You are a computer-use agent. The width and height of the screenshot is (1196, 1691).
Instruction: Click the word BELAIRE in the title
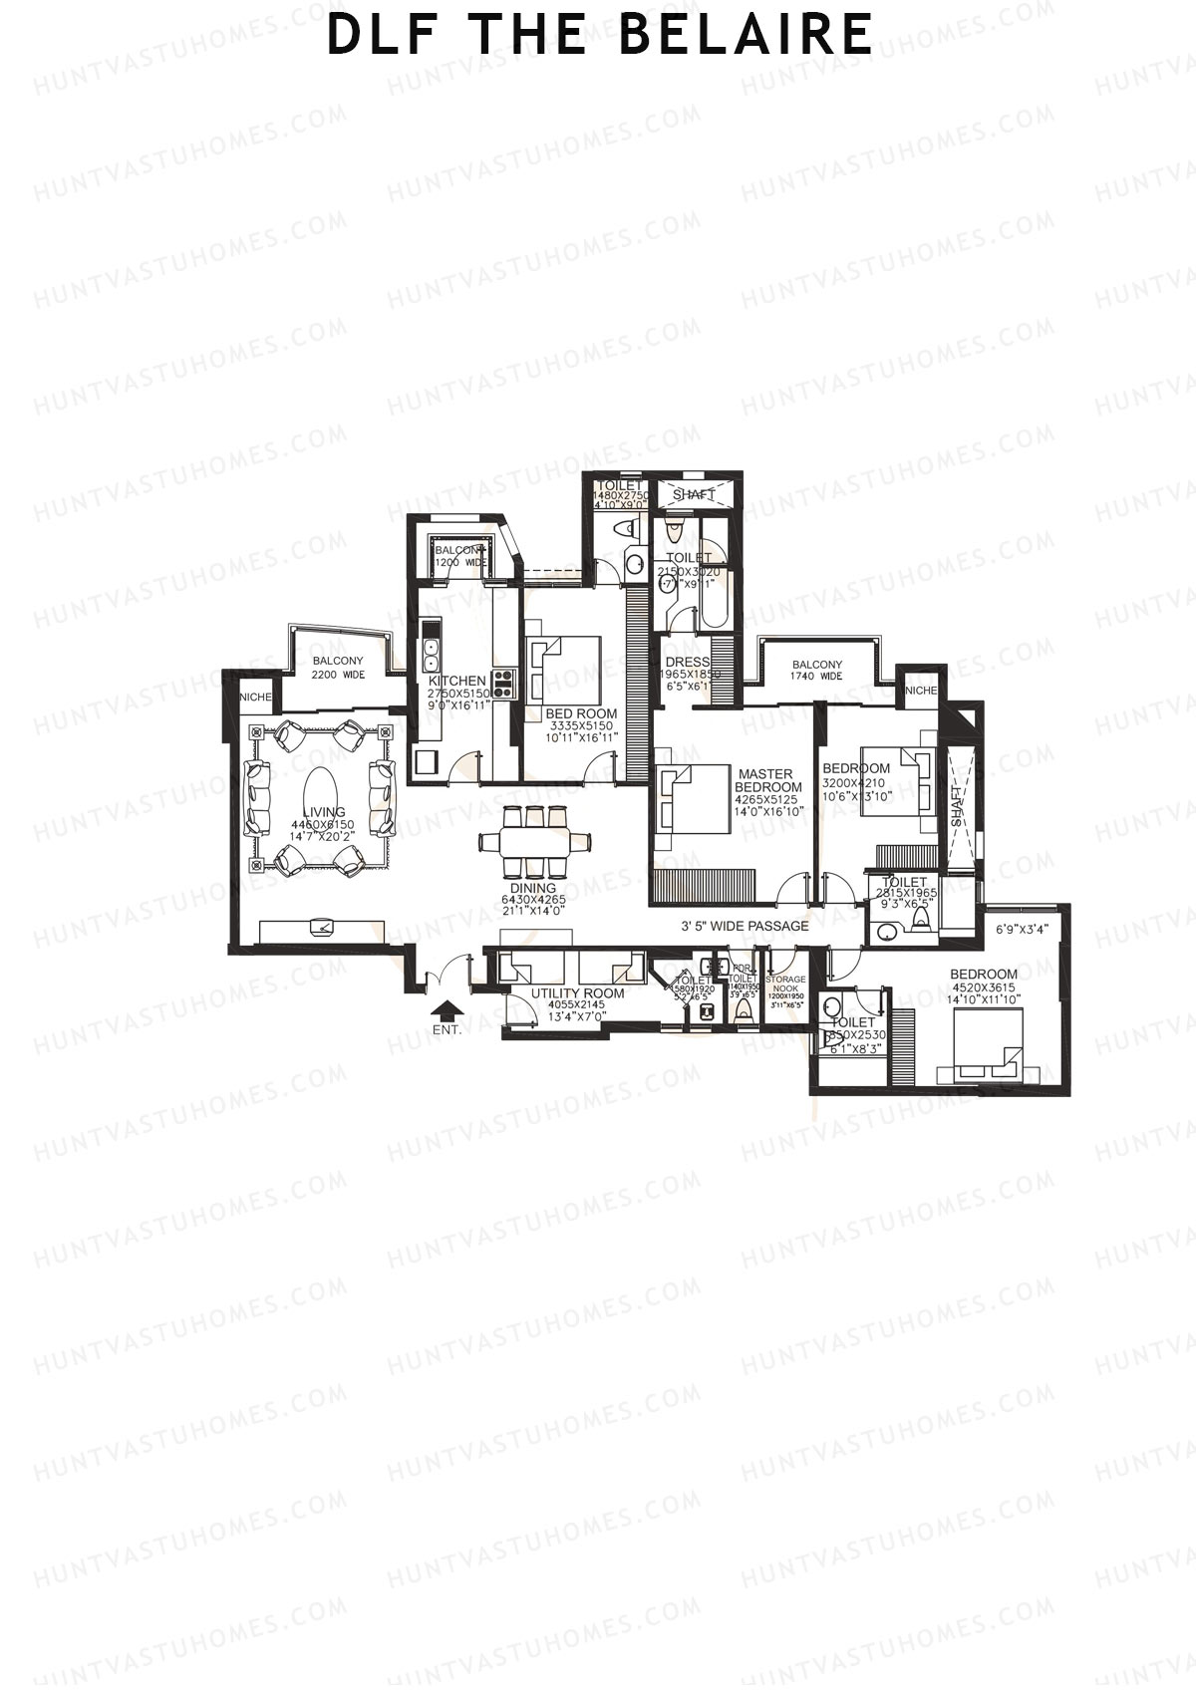pyautogui.click(x=745, y=34)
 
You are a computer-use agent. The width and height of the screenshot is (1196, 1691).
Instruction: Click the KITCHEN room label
pyautogui.click(x=457, y=681)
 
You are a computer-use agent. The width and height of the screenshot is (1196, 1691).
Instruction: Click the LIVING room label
pyautogui.click(x=324, y=813)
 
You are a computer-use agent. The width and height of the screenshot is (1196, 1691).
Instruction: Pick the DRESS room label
pyautogui.click(x=687, y=663)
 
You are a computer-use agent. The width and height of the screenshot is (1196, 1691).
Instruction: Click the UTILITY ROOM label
pyautogui.click(x=577, y=993)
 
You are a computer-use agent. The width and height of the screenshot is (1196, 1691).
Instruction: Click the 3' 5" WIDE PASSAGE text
pyautogui.click(x=745, y=926)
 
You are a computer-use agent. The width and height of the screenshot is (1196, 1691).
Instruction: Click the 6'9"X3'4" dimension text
pyautogui.click(x=1022, y=930)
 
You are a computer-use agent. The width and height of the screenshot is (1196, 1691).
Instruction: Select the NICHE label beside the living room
pyautogui.click(x=256, y=697)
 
